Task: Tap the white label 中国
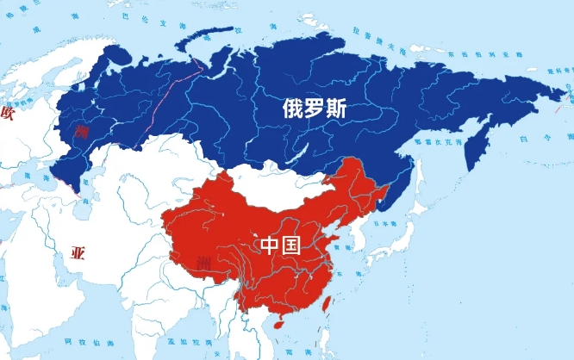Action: click(280, 245)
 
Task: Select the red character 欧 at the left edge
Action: click(8, 113)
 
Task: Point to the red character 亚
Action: click(78, 253)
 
